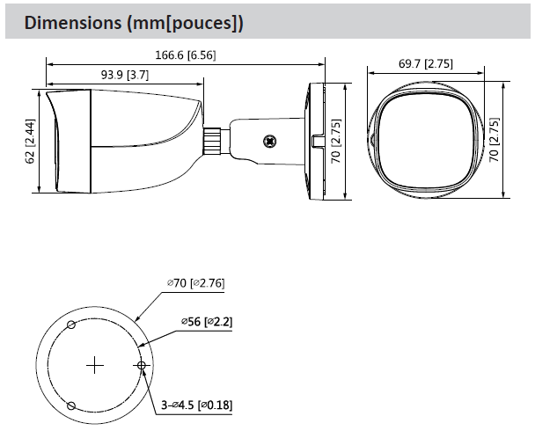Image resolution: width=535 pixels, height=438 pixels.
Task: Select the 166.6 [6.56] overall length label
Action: pyautogui.click(x=186, y=55)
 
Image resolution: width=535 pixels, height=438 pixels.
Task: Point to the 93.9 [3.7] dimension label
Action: pyautogui.click(x=125, y=75)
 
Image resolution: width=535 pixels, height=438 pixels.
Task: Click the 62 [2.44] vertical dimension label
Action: pyautogui.click(x=30, y=142)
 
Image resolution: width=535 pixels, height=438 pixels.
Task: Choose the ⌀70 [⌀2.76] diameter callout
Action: pyautogui.click(x=196, y=283)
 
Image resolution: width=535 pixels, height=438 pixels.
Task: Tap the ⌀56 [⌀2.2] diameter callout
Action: pyautogui.click(x=206, y=323)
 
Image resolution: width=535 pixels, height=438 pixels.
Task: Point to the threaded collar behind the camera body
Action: pyautogui.click(x=212, y=139)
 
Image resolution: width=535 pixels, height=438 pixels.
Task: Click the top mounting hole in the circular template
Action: pyautogui.click(x=72, y=325)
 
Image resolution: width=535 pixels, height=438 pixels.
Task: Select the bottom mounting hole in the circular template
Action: pyautogui.click(x=73, y=405)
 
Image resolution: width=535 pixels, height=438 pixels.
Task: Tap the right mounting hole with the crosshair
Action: pyautogui.click(x=141, y=364)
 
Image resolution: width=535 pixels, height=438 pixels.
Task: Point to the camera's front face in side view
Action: pyautogui.click(x=52, y=141)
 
